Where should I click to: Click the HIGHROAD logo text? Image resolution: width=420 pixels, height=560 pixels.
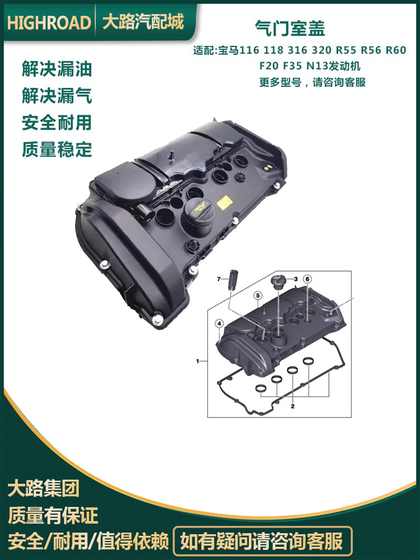(49, 22)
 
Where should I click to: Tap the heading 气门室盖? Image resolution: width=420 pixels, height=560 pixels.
(290, 28)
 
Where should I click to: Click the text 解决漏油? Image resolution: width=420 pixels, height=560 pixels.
(57, 68)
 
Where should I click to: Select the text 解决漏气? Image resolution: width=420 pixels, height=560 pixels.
(57, 96)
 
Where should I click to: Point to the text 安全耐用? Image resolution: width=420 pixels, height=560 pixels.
(57, 123)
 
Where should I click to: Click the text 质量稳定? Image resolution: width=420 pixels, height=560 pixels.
(57, 150)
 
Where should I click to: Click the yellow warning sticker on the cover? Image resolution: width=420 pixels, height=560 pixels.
(225, 203)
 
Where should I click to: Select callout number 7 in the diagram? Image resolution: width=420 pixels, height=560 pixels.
(219, 279)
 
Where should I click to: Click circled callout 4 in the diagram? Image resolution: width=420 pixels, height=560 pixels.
(220, 324)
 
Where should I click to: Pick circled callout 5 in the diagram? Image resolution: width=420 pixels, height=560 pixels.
(258, 295)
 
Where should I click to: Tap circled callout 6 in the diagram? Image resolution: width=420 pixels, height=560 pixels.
(307, 279)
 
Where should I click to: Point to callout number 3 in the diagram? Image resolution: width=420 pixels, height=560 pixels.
(296, 279)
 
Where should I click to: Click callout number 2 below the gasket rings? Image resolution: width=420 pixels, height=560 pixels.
(292, 406)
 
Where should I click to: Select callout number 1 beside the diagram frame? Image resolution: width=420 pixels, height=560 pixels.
(198, 361)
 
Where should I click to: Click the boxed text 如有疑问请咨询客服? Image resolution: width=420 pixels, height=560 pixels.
(262, 542)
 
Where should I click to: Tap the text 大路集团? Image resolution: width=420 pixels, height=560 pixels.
(43, 488)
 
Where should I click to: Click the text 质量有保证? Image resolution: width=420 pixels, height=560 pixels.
(53, 515)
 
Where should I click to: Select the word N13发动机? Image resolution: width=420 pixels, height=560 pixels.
(334, 66)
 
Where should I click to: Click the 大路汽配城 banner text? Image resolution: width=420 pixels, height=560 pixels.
(143, 22)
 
